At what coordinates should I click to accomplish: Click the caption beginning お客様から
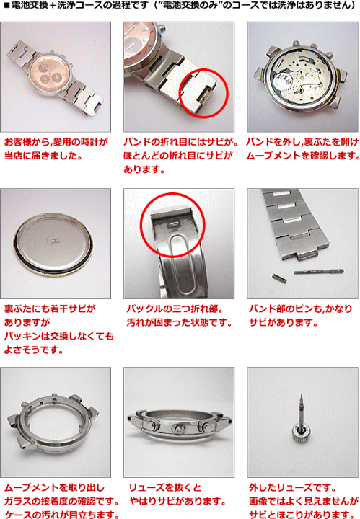pyautogui.click(x=56, y=142)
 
